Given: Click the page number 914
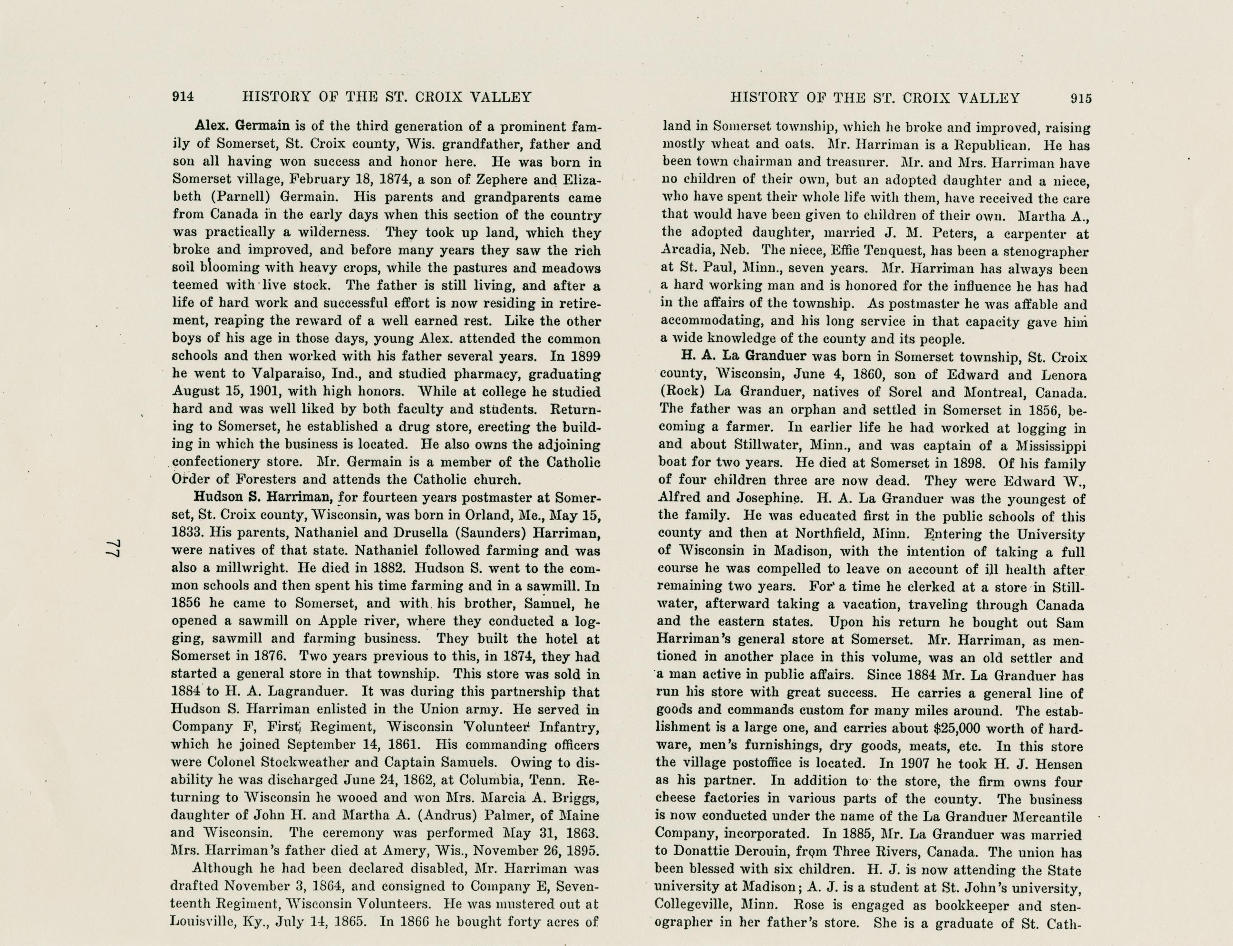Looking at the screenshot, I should click(183, 97).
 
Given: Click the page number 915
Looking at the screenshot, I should click(1081, 98).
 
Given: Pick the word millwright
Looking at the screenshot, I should click(248, 568).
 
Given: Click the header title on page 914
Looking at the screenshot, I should click(387, 97).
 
